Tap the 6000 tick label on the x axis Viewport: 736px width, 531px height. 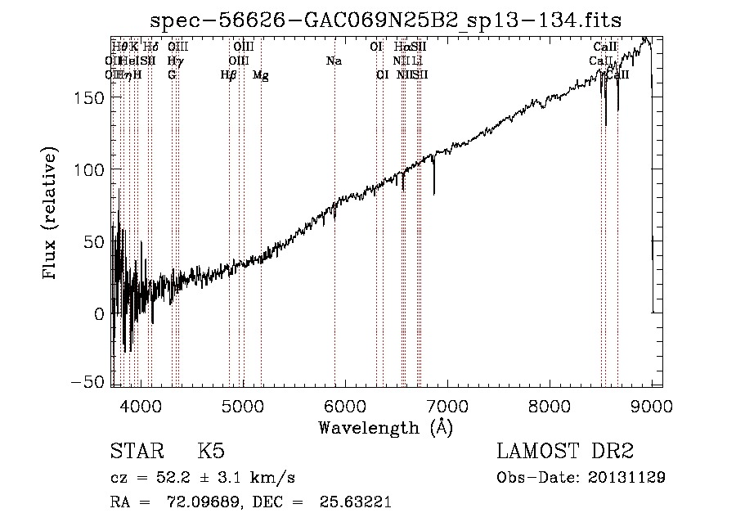[x=345, y=405]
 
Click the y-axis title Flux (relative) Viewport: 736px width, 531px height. [x=51, y=214]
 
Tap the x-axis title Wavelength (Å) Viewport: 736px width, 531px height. [x=385, y=427]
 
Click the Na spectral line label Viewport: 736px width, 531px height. [x=334, y=61]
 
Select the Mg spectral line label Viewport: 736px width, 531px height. [x=260, y=75]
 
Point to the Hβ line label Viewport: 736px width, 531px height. [x=228, y=75]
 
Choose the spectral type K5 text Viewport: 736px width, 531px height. [x=211, y=452]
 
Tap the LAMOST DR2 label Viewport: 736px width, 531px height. [x=565, y=452]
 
